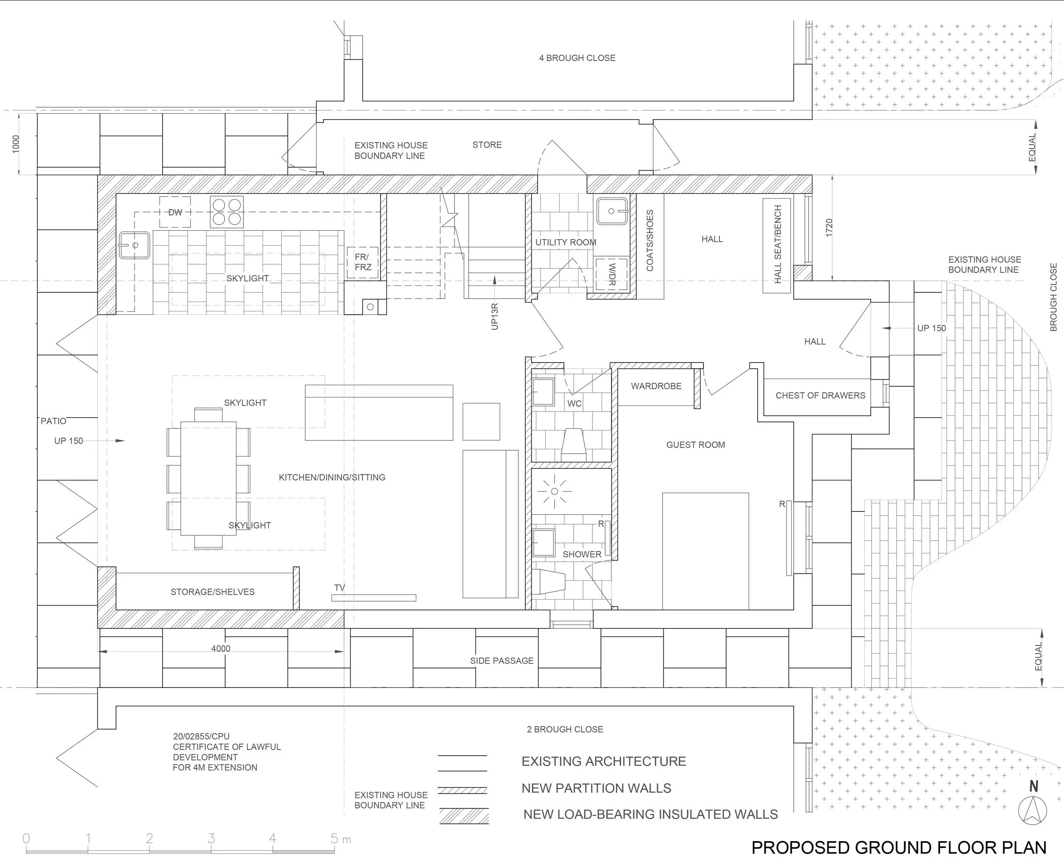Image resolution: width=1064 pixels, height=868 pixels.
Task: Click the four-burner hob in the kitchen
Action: click(226, 212)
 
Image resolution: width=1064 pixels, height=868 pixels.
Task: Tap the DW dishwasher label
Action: click(175, 212)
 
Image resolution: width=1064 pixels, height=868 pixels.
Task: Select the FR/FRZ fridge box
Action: click(363, 263)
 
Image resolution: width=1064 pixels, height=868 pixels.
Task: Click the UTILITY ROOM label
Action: click(566, 243)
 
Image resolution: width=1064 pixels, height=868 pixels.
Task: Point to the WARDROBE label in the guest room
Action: click(656, 386)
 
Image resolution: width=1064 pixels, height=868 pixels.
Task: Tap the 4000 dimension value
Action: click(220, 648)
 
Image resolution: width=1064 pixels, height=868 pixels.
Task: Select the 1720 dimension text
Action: click(829, 228)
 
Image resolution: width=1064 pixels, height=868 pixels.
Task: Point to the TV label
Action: click(340, 588)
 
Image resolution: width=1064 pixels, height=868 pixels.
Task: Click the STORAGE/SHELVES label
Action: click(212, 592)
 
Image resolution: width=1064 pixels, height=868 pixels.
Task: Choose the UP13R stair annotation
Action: click(495, 316)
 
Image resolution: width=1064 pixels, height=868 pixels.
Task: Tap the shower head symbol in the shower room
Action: click(554, 491)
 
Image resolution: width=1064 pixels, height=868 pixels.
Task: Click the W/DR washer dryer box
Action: click(612, 274)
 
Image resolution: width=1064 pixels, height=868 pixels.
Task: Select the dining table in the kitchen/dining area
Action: click(209, 479)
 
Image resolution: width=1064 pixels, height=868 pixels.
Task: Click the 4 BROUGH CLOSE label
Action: click(577, 58)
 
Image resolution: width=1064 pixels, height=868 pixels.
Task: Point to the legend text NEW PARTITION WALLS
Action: click(596, 788)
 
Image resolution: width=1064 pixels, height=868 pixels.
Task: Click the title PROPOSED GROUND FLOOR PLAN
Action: click(898, 848)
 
